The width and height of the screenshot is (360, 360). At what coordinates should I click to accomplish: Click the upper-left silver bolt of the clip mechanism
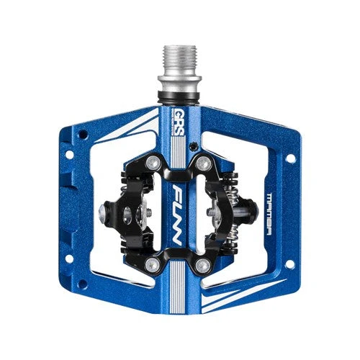(153, 163)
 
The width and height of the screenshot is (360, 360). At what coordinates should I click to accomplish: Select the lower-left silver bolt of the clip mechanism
(151, 264)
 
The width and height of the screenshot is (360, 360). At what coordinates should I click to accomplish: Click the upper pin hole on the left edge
(70, 154)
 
